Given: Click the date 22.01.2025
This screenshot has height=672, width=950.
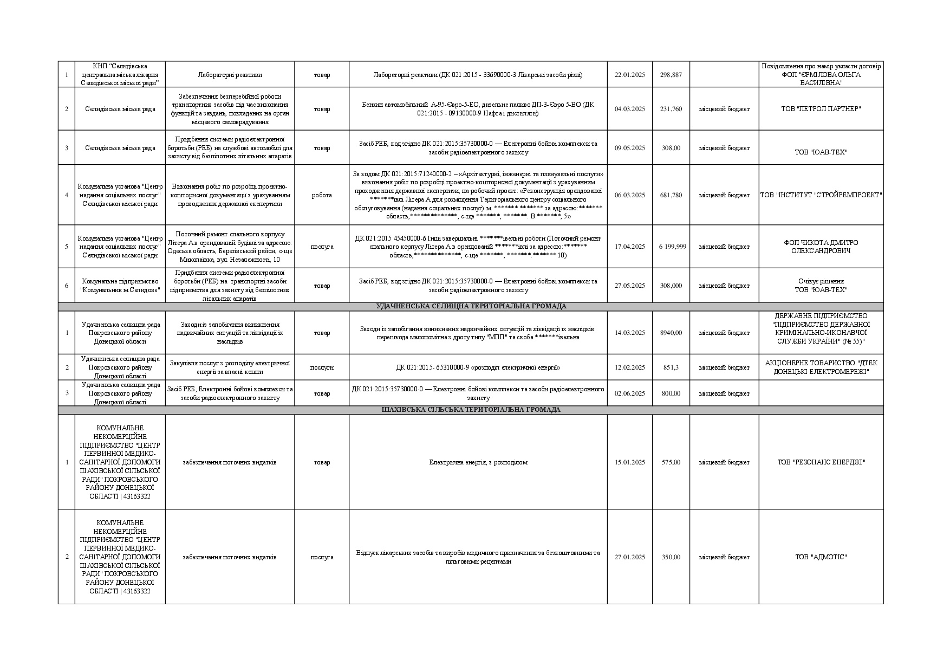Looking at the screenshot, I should click(629, 75).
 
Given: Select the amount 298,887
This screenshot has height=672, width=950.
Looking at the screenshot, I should click(671, 75).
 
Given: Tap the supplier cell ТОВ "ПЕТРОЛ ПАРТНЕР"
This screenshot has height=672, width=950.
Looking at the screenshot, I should click(821, 109).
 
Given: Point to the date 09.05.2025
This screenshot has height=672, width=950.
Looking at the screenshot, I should click(629, 148).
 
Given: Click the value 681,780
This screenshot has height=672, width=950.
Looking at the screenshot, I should click(671, 195).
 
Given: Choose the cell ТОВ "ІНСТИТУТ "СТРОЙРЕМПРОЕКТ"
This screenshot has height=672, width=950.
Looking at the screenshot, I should click(821, 195).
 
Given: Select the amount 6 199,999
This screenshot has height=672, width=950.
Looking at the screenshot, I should click(672, 247).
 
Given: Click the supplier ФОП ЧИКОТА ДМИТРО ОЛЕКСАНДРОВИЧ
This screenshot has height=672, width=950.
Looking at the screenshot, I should click(821, 247).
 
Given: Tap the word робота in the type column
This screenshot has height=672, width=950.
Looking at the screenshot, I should click(322, 195).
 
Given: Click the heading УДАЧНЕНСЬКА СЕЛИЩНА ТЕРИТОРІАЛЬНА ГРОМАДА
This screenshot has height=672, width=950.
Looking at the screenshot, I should click(471, 306).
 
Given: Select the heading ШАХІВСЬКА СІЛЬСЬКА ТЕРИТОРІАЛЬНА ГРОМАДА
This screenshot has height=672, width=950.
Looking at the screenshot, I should click(471, 410).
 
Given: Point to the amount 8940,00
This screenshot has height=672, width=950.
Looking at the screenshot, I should click(671, 333).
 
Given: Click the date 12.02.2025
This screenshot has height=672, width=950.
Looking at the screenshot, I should click(629, 367).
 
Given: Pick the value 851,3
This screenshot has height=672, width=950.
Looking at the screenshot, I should click(671, 367).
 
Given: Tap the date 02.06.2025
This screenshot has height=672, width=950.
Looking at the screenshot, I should click(629, 393).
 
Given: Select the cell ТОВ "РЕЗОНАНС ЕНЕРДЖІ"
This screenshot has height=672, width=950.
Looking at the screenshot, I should click(821, 462).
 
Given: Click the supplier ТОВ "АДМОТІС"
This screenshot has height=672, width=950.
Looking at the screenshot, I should click(821, 557).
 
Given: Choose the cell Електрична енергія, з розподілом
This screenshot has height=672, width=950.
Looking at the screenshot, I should click(478, 462).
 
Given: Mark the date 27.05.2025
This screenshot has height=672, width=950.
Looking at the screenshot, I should click(629, 286).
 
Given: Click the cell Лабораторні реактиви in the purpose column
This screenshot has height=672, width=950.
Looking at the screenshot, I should click(230, 75).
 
